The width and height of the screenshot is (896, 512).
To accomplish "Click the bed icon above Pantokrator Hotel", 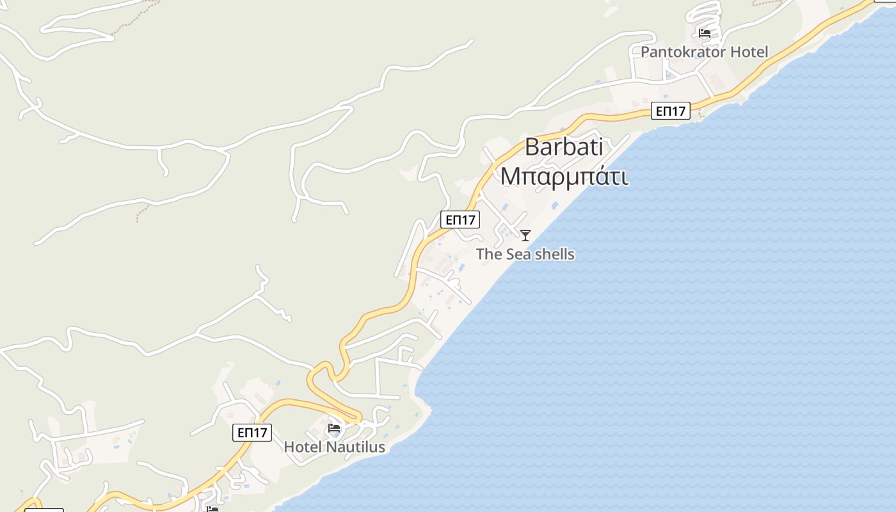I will coord(705,33).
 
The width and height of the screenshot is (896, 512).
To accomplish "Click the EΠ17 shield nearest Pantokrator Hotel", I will coord(671,111).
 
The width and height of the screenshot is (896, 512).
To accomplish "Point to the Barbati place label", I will coord(564,147).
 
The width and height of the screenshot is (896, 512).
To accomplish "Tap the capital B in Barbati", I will coord(532,147).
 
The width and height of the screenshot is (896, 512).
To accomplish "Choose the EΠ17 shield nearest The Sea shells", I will coord(460,220).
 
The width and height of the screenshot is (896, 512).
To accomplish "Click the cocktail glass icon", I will coord(525,236).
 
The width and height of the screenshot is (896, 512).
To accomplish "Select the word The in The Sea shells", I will coord(489,254).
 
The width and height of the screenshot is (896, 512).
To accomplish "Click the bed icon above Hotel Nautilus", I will coord(334,428).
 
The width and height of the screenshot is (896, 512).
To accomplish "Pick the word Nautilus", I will coord(356,447).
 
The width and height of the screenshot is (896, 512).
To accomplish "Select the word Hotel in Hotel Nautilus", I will coord(303,447).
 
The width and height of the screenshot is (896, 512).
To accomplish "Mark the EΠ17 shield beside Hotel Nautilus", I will coord(252,433).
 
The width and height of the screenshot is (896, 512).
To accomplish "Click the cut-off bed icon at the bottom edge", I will coord(212,509).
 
